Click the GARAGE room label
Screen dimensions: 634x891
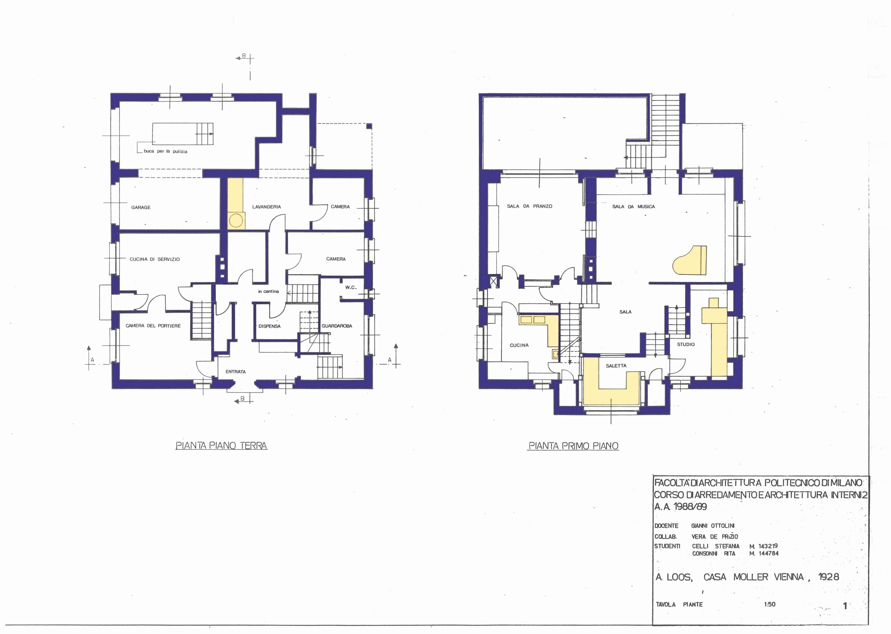[141, 207]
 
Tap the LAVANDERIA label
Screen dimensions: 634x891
[266, 207]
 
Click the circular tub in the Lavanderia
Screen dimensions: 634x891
[236, 221]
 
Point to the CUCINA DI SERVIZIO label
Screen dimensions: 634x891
[155, 259]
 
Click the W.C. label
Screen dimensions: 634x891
[351, 287]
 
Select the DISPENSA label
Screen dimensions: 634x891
[269, 326]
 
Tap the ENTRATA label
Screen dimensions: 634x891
[235, 372]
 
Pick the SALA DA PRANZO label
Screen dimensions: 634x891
[529, 206]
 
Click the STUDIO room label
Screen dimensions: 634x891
[686, 344]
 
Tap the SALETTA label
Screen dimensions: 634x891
[616, 366]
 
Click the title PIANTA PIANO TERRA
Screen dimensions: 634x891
[221, 446]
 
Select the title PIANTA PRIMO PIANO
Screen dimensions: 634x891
[573, 446]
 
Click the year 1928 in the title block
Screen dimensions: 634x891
[828, 577]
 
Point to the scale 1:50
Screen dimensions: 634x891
[770, 604]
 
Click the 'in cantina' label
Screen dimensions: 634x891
[268, 291]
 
